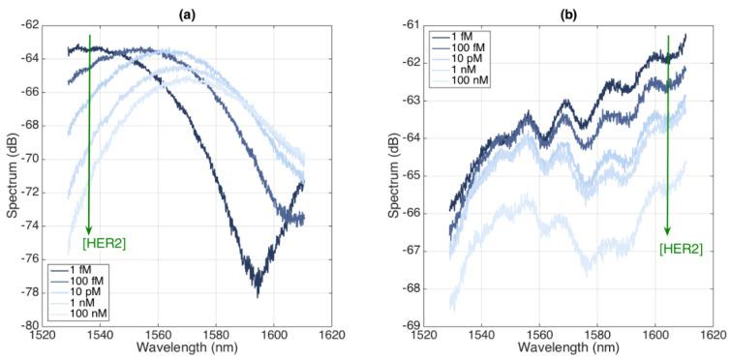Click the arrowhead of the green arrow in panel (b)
click(667, 232)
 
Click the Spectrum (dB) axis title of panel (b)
click(386, 175)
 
